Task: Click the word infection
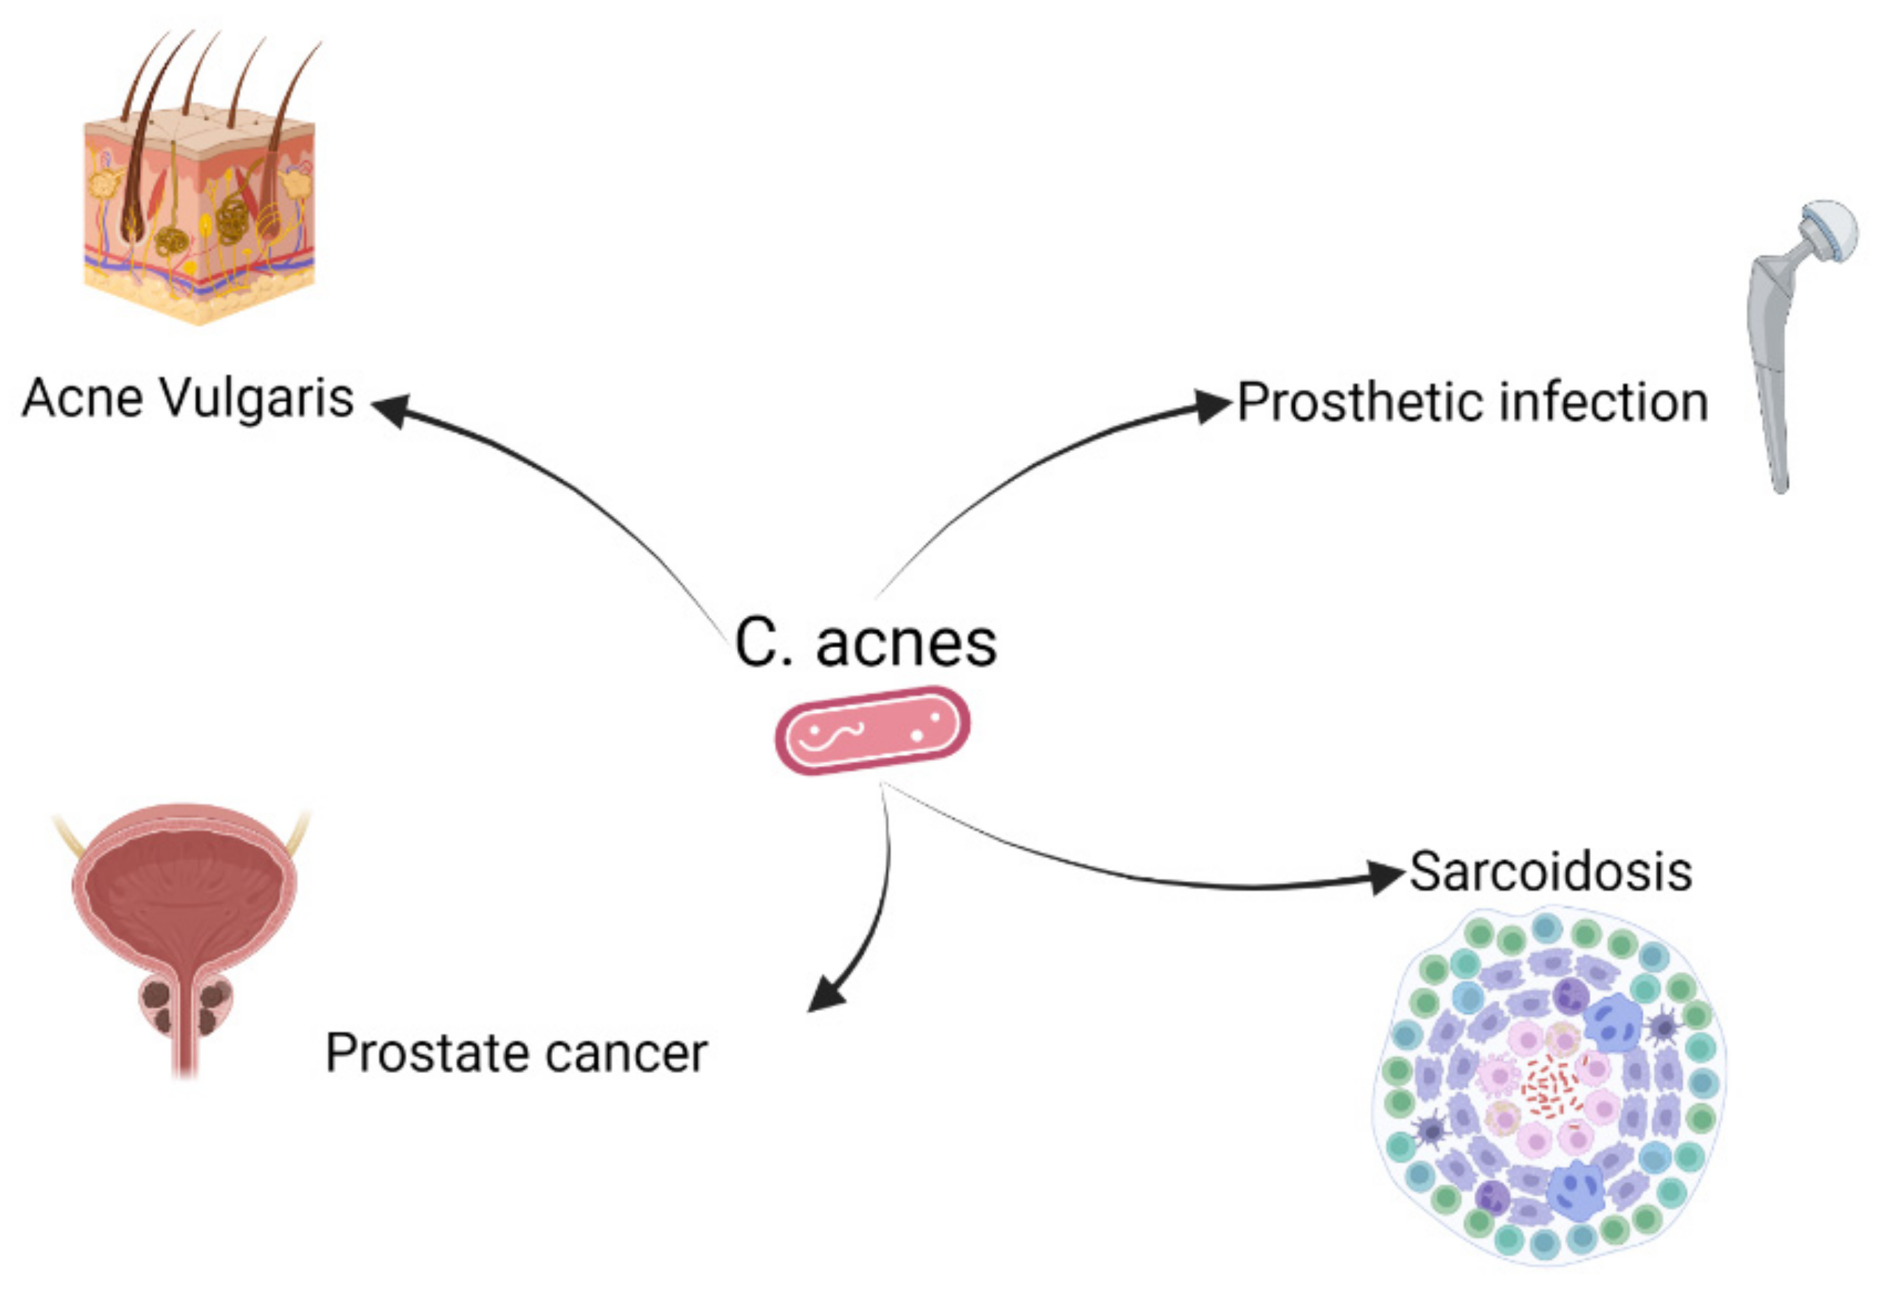1603,403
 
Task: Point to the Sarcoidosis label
1550,872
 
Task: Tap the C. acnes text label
865,644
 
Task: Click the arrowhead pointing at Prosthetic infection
1212,404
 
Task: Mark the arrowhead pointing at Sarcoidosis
1383,875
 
